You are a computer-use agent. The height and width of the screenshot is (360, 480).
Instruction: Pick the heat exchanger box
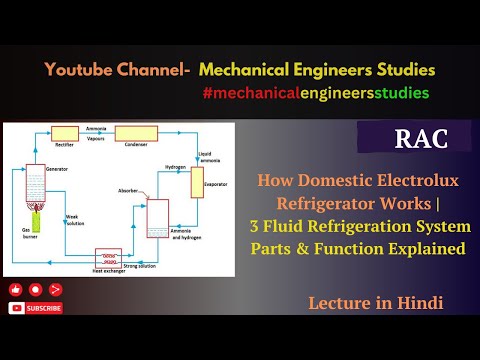[x=106, y=256]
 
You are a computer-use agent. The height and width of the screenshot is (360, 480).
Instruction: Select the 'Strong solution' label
[x=142, y=264]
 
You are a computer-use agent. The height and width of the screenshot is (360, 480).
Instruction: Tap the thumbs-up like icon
[x=16, y=289]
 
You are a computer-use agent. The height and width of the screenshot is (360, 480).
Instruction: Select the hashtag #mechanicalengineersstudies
[x=315, y=92]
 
